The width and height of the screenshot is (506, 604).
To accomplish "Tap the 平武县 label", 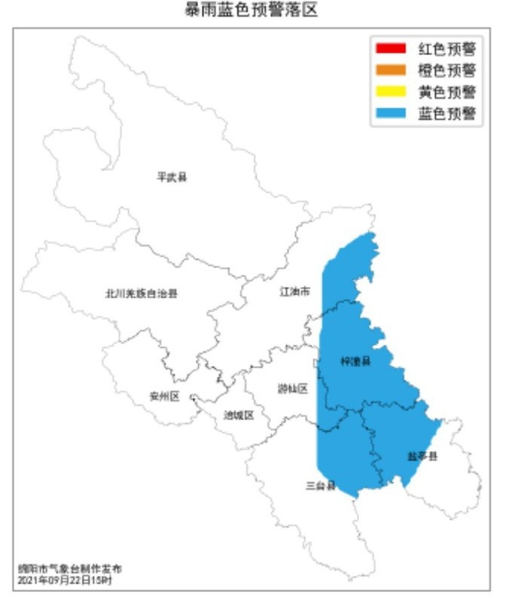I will pyautogui.click(x=172, y=178).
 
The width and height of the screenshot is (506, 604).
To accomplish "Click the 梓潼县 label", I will pyautogui.click(x=355, y=361).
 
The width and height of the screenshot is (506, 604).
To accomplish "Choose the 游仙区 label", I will pyautogui.click(x=293, y=389).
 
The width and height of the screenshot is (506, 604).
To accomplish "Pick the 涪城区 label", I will pyautogui.click(x=239, y=415).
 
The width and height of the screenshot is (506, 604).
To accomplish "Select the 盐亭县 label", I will pyautogui.click(x=423, y=456).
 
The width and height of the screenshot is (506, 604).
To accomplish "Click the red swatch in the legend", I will pyautogui.click(x=390, y=50).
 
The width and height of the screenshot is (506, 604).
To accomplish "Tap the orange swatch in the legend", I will pyautogui.click(x=390, y=72).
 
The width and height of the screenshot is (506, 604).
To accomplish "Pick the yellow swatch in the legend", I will pyautogui.click(x=390, y=93).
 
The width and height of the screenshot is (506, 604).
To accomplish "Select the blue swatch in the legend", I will pyautogui.click(x=390, y=114).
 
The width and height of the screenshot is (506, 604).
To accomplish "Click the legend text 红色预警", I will pyautogui.click(x=447, y=50).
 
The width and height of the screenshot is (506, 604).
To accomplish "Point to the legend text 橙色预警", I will pyautogui.click(x=447, y=72).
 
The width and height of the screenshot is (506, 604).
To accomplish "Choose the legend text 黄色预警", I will pyautogui.click(x=447, y=93).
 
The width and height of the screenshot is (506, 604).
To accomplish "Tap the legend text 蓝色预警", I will pyautogui.click(x=447, y=114).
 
